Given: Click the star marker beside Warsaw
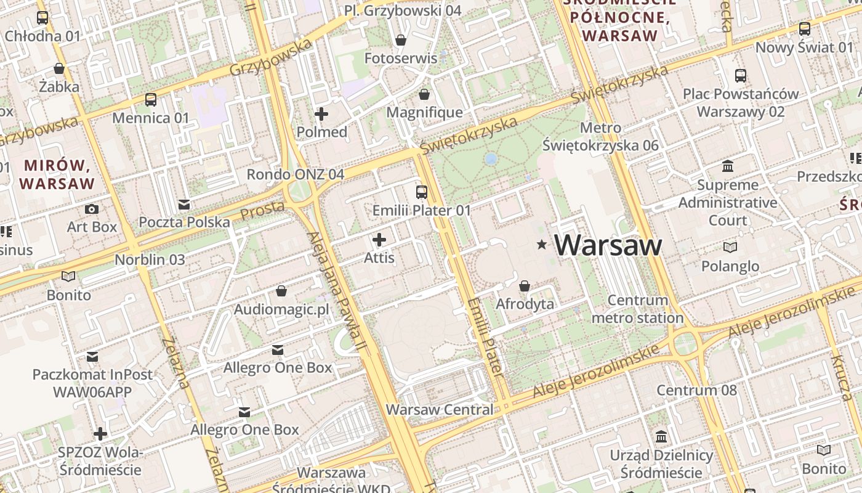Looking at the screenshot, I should (542, 245).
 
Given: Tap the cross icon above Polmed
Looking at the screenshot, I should (321, 114).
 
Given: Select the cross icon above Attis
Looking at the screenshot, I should (379, 240).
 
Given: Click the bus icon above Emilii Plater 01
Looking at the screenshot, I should (422, 192).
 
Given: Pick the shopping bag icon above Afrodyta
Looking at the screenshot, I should (525, 286).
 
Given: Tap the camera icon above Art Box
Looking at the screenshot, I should (92, 209).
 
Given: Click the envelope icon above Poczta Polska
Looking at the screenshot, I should (183, 205).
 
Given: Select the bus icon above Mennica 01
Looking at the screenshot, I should (151, 99).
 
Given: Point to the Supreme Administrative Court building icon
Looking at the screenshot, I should (728, 166).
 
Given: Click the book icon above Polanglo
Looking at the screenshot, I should (730, 248).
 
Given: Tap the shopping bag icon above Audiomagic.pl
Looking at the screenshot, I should (281, 291).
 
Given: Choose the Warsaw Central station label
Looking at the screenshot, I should (439, 409).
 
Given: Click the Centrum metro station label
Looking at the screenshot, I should (637, 309).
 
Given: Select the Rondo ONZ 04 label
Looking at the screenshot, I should (295, 174).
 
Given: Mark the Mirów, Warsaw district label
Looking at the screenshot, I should (57, 174).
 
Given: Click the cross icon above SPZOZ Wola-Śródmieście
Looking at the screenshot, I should (100, 434).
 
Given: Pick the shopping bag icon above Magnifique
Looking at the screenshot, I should (424, 94).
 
